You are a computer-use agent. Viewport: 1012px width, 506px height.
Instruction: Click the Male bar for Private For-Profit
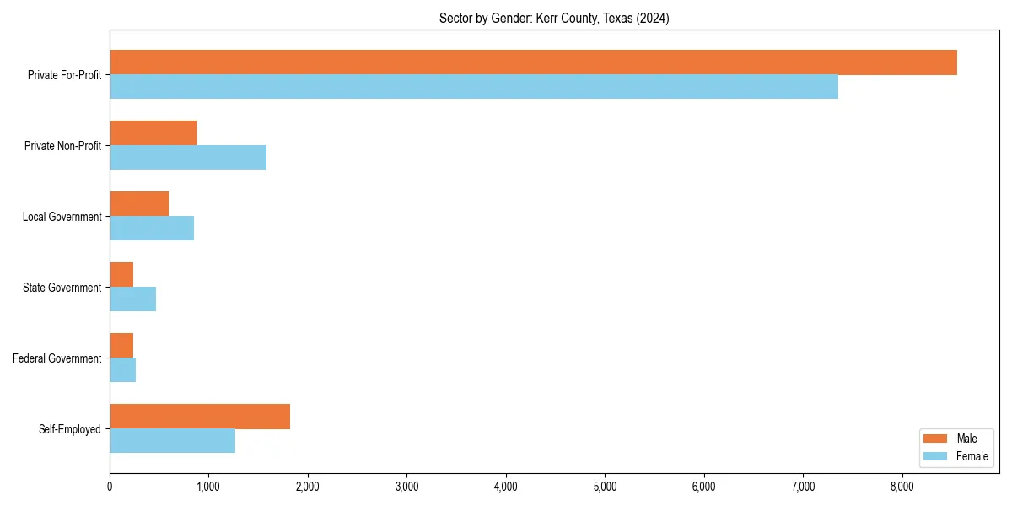(533, 62)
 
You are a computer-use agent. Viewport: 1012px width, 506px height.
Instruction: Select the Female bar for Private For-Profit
(474, 87)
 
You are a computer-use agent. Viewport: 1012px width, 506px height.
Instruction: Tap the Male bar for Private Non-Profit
(153, 133)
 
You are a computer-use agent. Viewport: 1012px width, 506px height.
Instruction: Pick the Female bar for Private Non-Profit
(188, 158)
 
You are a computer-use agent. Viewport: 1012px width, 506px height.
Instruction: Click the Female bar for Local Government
(152, 229)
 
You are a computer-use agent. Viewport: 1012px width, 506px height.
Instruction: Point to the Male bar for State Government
(121, 275)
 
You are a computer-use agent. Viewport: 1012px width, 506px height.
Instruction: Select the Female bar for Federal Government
(123, 370)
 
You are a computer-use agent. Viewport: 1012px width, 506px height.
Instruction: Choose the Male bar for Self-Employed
(200, 417)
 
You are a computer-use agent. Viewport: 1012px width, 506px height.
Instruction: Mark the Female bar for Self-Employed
(172, 441)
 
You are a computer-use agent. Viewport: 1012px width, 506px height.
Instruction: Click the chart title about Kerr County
(554, 19)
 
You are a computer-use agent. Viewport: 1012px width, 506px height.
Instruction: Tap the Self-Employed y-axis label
(70, 429)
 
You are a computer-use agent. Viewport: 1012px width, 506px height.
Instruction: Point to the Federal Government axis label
(57, 358)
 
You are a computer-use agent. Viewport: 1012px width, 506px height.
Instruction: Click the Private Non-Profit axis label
(62, 146)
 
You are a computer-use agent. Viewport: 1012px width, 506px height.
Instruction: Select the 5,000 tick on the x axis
(605, 487)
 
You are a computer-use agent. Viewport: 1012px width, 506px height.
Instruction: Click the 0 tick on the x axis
(110, 487)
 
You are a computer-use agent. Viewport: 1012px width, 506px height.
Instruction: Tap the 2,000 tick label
(308, 487)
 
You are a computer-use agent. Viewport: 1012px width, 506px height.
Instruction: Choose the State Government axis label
(62, 288)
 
